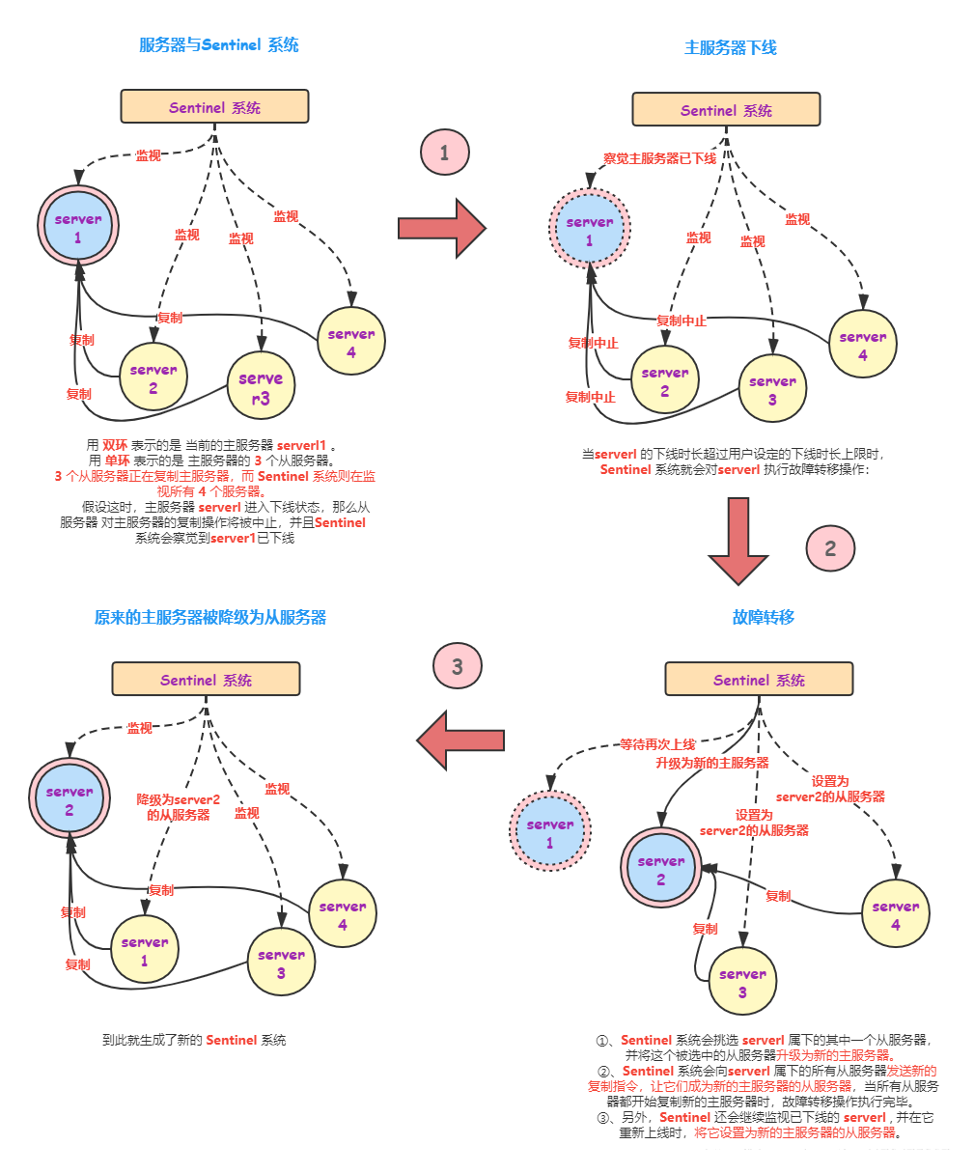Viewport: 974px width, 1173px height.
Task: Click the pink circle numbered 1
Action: click(444, 153)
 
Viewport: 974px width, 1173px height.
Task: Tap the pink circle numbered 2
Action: click(830, 548)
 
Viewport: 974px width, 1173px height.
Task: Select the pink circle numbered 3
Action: click(458, 666)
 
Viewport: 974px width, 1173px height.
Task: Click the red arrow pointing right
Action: click(441, 228)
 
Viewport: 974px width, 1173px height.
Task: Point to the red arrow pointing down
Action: click(738, 541)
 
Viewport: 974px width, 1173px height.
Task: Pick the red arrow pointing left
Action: click(460, 740)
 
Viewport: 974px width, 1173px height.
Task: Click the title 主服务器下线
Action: click(730, 46)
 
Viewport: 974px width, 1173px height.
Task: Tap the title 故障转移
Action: click(763, 616)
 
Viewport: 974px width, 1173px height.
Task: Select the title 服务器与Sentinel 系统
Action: click(219, 43)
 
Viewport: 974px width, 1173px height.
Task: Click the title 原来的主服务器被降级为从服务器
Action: click(210, 616)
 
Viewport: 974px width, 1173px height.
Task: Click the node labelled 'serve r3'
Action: click(261, 387)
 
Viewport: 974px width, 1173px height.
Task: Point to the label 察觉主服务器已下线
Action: click(660, 157)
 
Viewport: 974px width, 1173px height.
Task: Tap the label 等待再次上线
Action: click(657, 744)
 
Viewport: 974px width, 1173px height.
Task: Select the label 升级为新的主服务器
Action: click(712, 763)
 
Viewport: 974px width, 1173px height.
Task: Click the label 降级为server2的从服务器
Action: click(179, 807)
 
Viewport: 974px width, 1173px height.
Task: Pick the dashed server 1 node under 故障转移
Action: click(549, 833)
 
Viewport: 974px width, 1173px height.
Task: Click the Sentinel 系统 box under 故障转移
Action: click(759, 680)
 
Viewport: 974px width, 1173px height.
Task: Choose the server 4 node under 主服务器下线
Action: click(862, 346)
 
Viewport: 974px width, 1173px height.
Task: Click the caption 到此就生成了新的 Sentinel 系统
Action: click(194, 1040)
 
